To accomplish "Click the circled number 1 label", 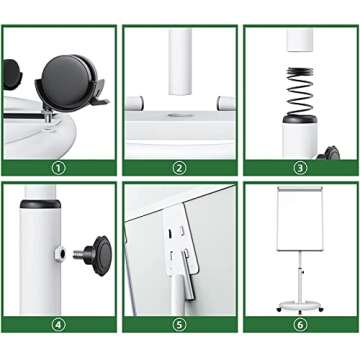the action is [59, 168].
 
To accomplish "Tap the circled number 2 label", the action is [180, 168].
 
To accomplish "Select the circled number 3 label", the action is [300, 168].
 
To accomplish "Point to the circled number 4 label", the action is [59, 325].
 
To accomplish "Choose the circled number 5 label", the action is [180, 325].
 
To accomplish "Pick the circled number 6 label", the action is [300, 325].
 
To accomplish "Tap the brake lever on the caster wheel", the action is [100, 100].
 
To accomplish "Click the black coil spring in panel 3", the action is [301, 91].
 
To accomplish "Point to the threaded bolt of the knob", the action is [79, 255].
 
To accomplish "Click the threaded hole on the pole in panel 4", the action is [60, 255].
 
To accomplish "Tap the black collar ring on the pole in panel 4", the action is [40, 204].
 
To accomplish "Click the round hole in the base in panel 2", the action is [180, 115].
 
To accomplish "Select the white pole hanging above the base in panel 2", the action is [180, 62].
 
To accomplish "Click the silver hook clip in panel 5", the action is [187, 275].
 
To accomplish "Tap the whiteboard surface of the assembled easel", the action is [300, 220].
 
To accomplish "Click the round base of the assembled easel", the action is [300, 305].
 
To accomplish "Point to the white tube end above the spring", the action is [300, 41].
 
